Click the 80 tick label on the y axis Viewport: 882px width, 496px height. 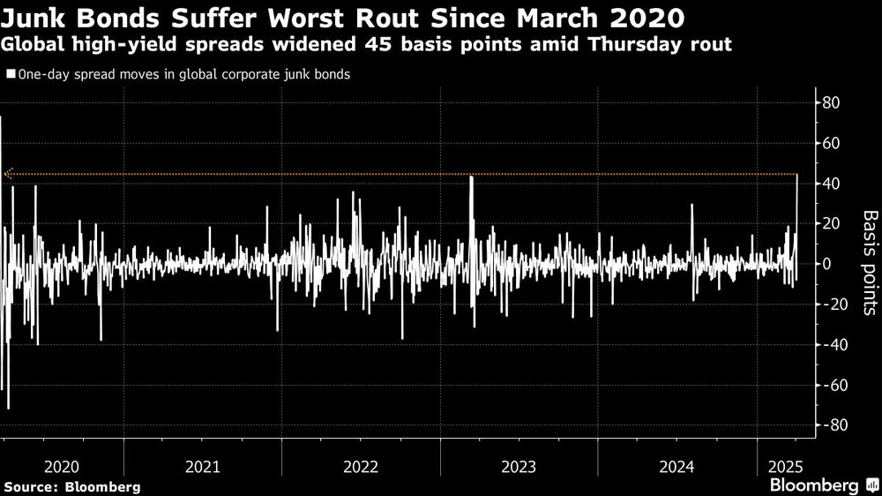point(832,103)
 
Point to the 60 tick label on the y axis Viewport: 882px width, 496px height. point(832,143)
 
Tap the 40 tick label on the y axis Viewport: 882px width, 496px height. point(832,184)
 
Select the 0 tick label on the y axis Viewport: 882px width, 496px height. point(826,264)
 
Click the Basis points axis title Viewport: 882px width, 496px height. point(869,262)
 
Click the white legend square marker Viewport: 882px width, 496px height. point(10,75)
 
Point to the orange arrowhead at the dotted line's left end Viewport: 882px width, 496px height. point(8,175)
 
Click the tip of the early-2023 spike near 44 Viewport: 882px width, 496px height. point(472,177)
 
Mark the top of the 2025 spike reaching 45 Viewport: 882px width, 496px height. point(797,175)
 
